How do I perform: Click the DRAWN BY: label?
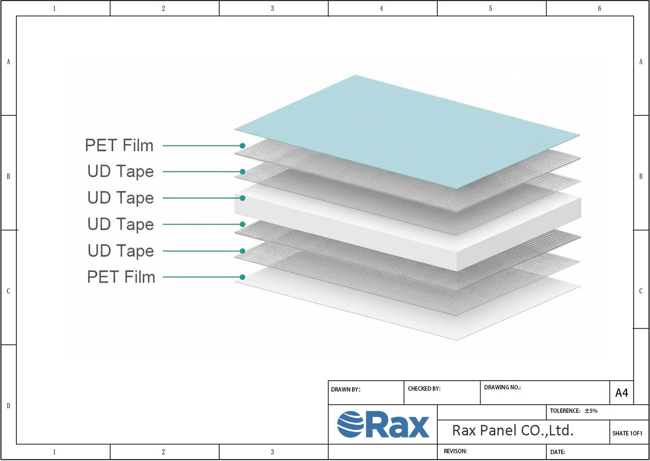tap(346, 389)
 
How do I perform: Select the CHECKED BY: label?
tap(424, 389)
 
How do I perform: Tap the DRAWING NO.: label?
tap(502, 388)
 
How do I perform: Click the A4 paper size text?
tap(621, 393)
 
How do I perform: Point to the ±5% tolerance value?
tap(591, 411)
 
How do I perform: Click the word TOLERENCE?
tap(565, 411)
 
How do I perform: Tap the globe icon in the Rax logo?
tap(350, 425)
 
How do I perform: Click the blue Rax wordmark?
tap(397, 425)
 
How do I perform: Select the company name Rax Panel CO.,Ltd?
tap(513, 431)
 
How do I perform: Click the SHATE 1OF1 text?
tap(627, 433)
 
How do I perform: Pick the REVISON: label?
tap(455, 451)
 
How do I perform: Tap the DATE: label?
tap(557, 452)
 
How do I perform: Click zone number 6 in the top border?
tap(599, 8)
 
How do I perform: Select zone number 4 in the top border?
tap(381, 8)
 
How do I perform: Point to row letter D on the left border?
tap(8, 406)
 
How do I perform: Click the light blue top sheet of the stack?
tap(406, 131)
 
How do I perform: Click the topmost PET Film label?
tap(119, 145)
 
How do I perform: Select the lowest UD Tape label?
tap(121, 251)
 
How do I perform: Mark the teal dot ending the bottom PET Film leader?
tap(243, 277)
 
